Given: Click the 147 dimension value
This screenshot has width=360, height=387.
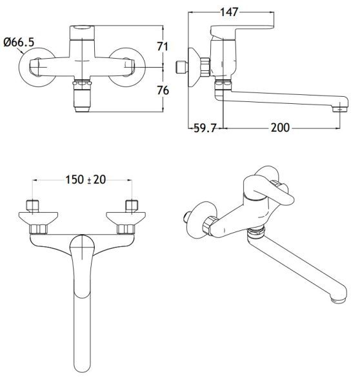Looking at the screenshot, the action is click(x=229, y=12).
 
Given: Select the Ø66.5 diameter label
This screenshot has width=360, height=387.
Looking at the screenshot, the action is click(x=19, y=42).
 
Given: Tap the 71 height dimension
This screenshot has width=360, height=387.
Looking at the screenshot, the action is click(x=163, y=46).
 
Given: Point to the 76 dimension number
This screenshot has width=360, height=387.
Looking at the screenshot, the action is click(x=163, y=90).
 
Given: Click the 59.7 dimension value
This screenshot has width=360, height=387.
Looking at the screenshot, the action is click(x=205, y=128).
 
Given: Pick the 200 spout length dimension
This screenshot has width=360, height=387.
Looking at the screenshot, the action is click(x=280, y=128).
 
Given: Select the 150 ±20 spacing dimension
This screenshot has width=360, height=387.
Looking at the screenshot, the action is click(x=85, y=179).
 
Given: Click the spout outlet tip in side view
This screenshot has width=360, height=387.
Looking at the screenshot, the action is click(x=341, y=108).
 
